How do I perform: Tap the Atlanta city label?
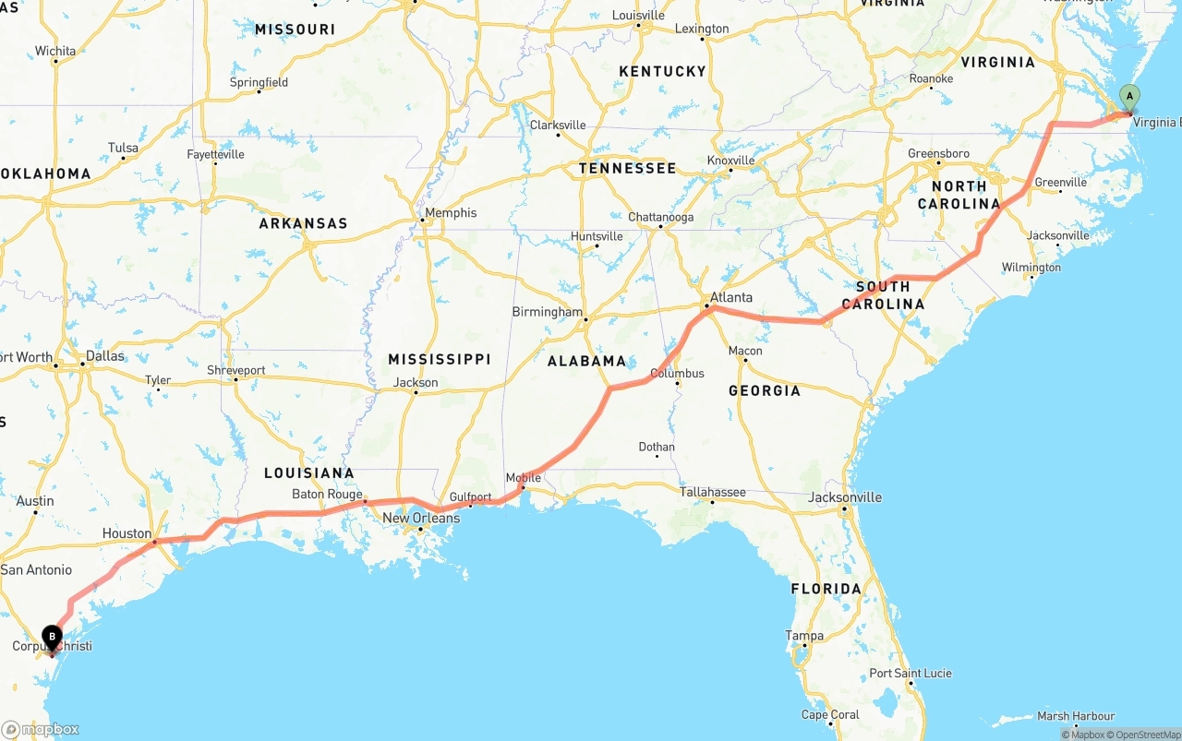tap(730, 297)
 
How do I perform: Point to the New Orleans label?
tap(420, 518)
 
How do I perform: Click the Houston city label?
tap(127, 533)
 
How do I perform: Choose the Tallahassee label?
tap(712, 492)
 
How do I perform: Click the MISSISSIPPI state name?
tap(439, 359)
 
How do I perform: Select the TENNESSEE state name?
tap(627, 168)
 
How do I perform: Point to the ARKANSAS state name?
tap(303, 223)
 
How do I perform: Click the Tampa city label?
tap(803, 635)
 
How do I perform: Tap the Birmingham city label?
tap(548, 312)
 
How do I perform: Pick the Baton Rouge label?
tap(327, 495)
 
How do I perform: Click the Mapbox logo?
tap(41, 729)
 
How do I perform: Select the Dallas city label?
tap(104, 356)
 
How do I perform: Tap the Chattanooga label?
tap(660, 218)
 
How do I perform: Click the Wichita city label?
tap(55, 51)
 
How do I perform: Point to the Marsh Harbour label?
tap(1076, 716)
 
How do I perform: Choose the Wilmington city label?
tap(1031, 268)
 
